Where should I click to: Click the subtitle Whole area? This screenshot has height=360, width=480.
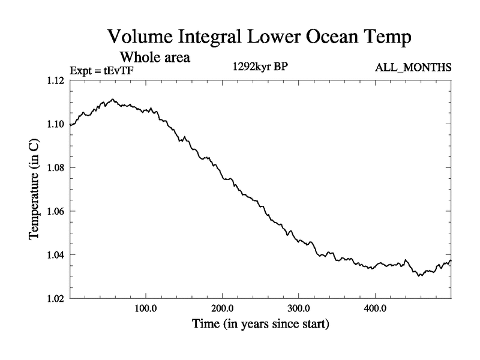click(155, 58)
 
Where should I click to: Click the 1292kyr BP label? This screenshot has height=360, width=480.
click(260, 67)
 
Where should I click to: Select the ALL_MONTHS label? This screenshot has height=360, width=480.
click(413, 68)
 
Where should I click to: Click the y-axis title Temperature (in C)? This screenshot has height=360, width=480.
click(35, 190)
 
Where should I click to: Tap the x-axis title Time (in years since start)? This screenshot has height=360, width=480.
click(260, 325)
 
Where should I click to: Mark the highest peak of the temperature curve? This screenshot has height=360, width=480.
click(112, 100)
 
